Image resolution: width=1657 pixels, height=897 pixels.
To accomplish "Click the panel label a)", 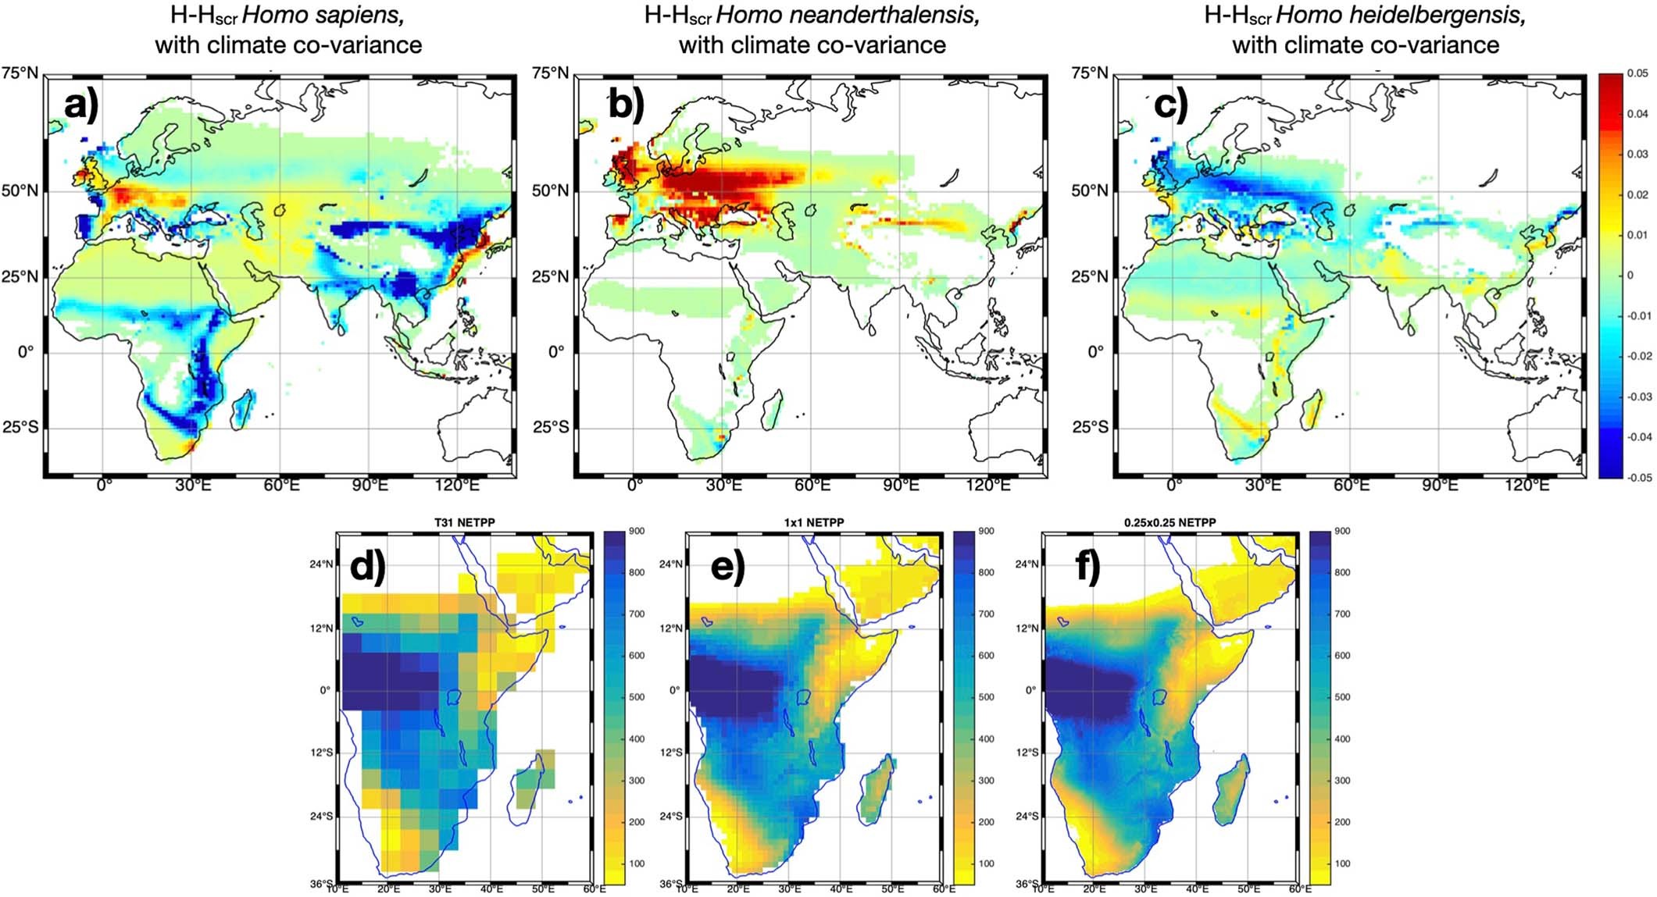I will pos(80,105).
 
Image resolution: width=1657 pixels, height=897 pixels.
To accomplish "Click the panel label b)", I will pos(626,105).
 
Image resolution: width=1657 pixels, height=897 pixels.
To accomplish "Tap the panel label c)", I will pos(1170,105).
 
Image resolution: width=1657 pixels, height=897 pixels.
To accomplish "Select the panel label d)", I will pos(367,566).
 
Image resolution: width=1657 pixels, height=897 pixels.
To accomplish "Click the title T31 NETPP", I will pos(464,522).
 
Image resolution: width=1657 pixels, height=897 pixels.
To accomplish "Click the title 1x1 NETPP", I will pos(813,522).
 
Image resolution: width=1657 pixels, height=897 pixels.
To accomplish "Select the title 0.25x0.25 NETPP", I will pos(1169,522).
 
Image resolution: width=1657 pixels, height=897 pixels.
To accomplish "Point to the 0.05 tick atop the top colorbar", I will pos(1638,73).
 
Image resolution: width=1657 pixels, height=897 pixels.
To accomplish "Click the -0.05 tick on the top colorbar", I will pos(1637,478).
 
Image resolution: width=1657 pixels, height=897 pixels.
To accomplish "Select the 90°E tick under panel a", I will pos(369,486).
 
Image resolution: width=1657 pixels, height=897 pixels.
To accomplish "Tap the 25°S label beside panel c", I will pos(1090,427).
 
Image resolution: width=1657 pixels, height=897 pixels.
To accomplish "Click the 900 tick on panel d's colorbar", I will pos(637,532).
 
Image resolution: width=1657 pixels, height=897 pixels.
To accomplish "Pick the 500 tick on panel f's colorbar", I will pos(1342,697).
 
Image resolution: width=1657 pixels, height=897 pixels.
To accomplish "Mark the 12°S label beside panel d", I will pos(321,753).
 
